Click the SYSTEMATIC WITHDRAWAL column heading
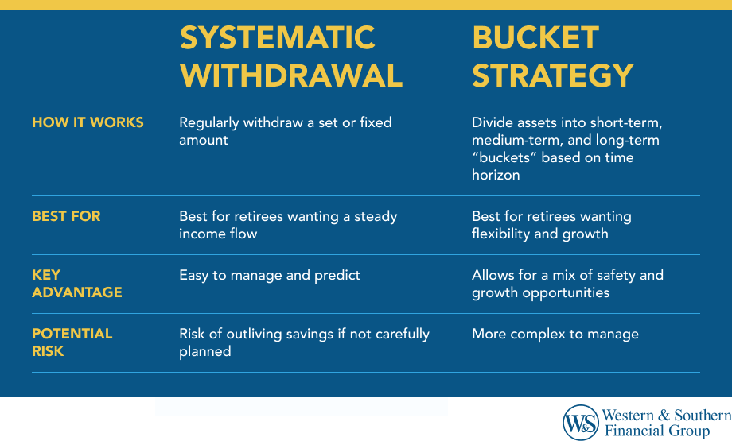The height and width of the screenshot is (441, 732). pyautogui.click(x=291, y=56)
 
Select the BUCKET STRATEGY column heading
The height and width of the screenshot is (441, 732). pyautogui.click(x=552, y=56)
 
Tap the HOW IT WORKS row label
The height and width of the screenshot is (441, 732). pyautogui.click(x=88, y=122)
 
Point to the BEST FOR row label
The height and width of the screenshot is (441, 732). pyautogui.click(x=66, y=216)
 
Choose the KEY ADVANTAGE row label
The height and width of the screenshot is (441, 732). pyautogui.click(x=76, y=284)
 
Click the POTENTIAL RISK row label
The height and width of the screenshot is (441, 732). pyautogui.click(x=72, y=342)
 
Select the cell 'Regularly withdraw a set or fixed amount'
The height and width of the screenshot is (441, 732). pyautogui.click(x=285, y=131)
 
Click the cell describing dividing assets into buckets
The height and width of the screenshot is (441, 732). pyautogui.click(x=567, y=149)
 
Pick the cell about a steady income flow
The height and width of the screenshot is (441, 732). pyautogui.click(x=287, y=225)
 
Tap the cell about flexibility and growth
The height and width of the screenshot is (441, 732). pyautogui.click(x=551, y=225)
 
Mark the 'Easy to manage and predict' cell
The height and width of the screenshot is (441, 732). pyautogui.click(x=270, y=275)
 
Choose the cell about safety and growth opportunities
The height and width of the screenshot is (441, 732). pyautogui.click(x=567, y=284)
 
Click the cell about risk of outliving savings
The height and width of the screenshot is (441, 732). pyautogui.click(x=304, y=342)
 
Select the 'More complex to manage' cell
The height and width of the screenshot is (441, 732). pyautogui.click(x=555, y=334)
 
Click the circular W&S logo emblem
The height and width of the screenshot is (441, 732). pyautogui.click(x=580, y=422)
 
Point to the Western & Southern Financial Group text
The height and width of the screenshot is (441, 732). pyautogui.click(x=666, y=423)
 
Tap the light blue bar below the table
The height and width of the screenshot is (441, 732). pyautogui.click(x=301, y=406)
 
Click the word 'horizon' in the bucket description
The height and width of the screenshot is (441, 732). pyautogui.click(x=496, y=175)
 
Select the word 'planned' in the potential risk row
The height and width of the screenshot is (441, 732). pyautogui.click(x=204, y=350)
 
